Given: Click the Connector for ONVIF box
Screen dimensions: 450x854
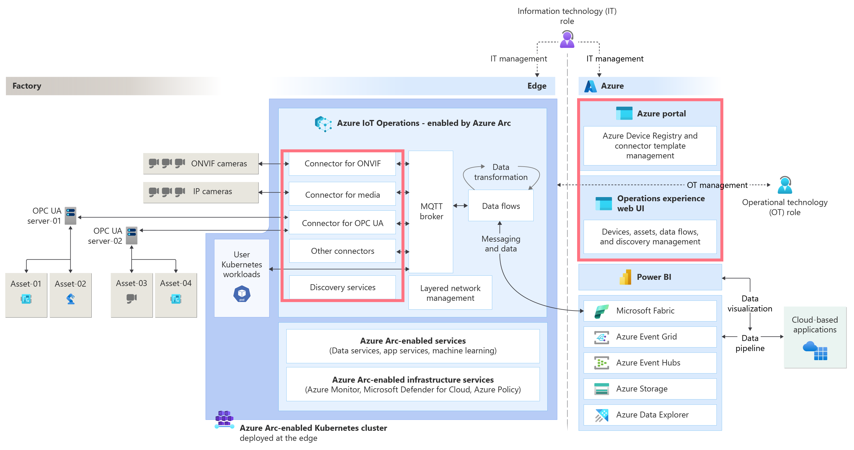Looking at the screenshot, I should click(342, 164).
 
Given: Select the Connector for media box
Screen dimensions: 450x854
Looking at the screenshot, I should click(342, 194).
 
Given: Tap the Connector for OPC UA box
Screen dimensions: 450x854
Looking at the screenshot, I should click(342, 223).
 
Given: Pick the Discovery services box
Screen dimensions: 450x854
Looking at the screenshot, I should click(342, 287).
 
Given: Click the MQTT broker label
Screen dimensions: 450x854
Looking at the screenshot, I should click(431, 211).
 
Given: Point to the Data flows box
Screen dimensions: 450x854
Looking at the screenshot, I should click(501, 206).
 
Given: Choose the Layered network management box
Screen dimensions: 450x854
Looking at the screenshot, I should click(450, 293).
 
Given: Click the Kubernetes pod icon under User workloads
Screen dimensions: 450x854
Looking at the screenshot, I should click(242, 294).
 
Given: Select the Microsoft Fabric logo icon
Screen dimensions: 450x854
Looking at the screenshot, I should click(601, 311).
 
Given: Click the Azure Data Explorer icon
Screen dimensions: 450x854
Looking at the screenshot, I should click(601, 415).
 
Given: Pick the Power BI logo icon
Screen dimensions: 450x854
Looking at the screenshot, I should click(625, 277).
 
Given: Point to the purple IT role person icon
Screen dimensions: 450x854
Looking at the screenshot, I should click(567, 39).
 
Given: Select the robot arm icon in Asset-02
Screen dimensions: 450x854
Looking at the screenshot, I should click(70, 299).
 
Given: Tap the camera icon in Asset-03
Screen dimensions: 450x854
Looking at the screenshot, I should click(131, 298).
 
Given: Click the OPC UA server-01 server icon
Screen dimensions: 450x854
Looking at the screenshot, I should click(70, 216).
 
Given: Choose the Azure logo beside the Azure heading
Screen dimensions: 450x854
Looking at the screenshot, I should click(590, 86).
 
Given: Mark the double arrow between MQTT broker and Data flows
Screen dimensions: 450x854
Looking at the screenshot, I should click(460, 206).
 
